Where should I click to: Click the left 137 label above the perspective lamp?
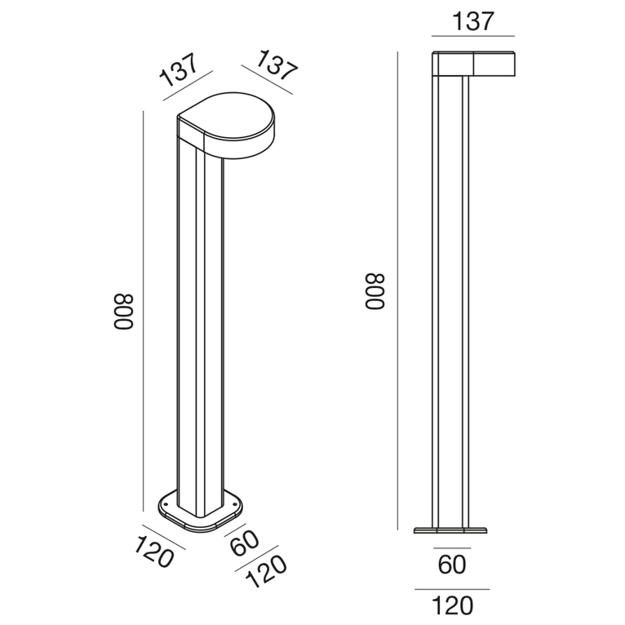pos(180,69)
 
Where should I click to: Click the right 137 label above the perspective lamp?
pos(276,64)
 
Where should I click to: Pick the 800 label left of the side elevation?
pos(375,291)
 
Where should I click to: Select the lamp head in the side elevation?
pos(473,64)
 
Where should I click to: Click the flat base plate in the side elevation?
pos(451,530)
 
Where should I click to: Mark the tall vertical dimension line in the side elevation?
pos(397,291)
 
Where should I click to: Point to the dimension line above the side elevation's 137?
pos(473,36)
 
